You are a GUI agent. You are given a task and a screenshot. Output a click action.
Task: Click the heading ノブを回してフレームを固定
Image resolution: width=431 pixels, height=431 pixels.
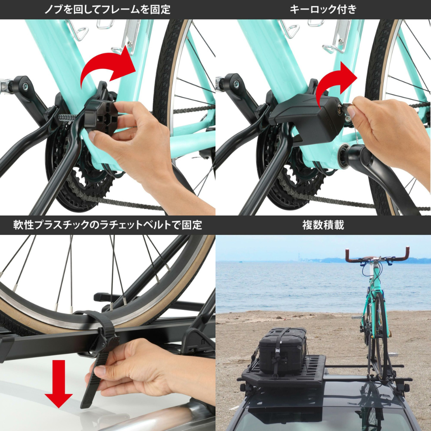click(107, 9)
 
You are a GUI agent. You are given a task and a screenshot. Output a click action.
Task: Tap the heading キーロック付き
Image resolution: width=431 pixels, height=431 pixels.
click(323, 9)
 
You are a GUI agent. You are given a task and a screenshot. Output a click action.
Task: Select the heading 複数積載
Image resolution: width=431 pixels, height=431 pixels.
click(323, 225)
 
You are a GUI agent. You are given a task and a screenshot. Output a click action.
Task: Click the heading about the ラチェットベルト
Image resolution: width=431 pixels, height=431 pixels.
click(107, 225)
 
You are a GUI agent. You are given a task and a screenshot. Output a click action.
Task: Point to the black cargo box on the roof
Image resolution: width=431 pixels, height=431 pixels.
click(283, 350)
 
